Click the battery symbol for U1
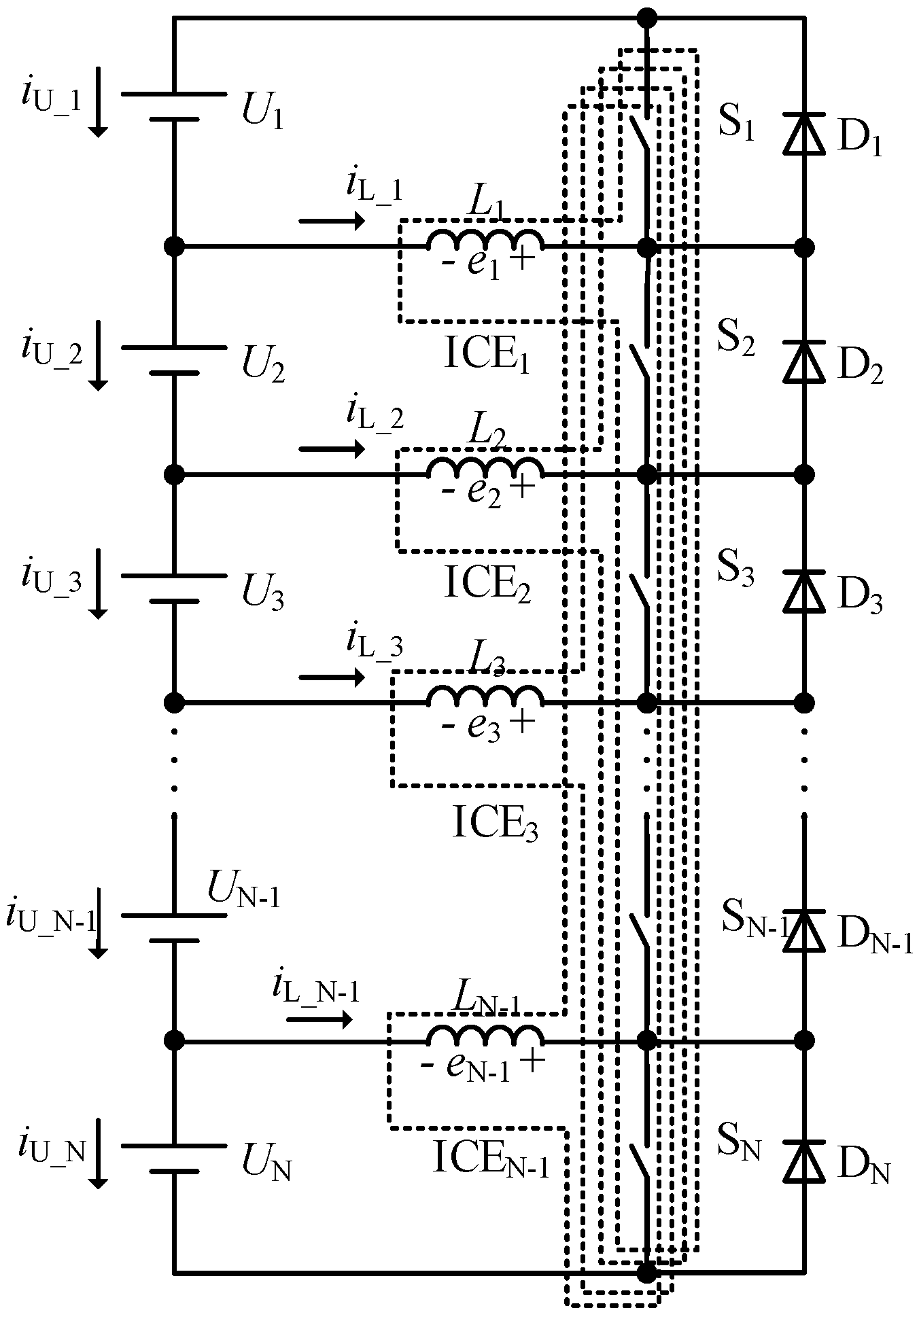[174, 106]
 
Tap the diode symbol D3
[804, 590]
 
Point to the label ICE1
[487, 356]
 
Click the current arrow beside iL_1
[331, 221]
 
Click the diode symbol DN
[804, 1161]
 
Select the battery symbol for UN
[174, 1159]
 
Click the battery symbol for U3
[174, 588]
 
